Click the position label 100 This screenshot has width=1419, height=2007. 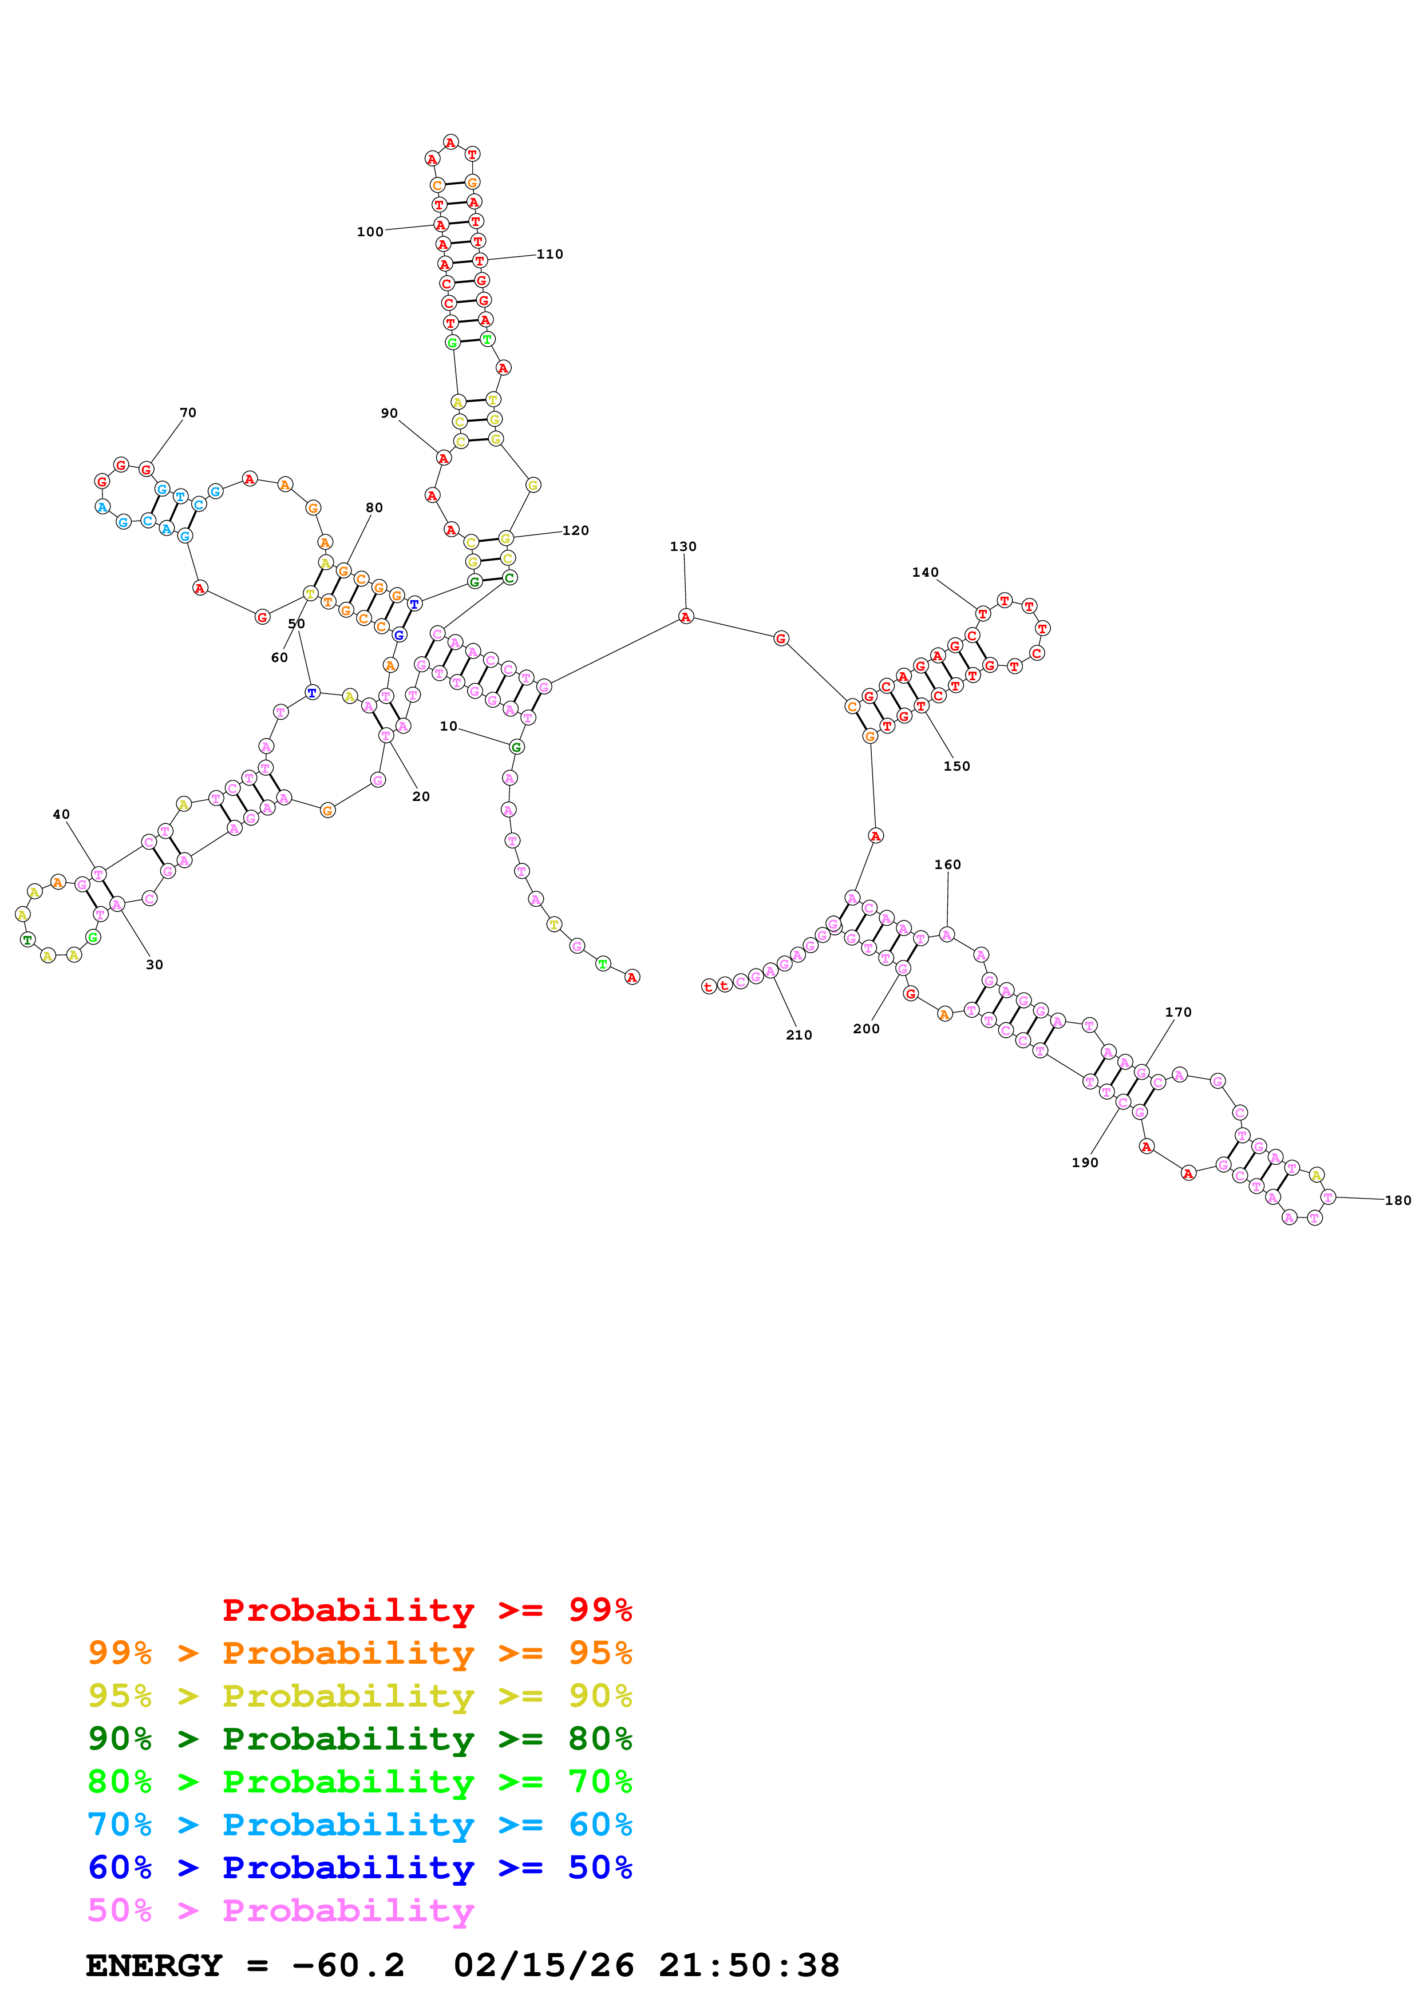370,232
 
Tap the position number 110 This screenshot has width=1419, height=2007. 550,255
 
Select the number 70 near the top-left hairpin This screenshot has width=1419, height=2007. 188,412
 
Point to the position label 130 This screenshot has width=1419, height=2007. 683,546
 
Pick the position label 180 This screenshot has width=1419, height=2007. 1397,1200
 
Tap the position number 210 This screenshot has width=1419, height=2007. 799,1035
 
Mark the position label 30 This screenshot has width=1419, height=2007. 155,965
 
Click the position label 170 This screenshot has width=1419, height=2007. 1177,1012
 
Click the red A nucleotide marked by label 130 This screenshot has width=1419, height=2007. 685,617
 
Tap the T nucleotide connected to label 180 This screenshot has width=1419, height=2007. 1328,1197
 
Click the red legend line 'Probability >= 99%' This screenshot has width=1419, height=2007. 426,1609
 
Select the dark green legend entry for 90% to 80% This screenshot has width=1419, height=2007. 360,1739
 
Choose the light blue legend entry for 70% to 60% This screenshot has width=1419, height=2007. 360,1824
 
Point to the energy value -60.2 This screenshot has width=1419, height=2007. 348,1966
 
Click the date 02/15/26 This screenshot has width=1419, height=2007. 543,1966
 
